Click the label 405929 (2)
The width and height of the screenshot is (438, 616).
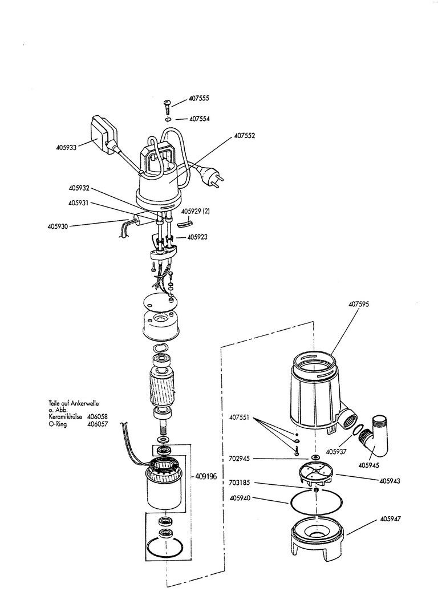(x=195, y=211)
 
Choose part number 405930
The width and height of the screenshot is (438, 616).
(x=58, y=226)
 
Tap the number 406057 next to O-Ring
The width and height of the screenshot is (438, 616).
(x=98, y=425)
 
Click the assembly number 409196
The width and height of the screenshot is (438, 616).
(x=206, y=477)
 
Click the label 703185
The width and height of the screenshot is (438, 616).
(x=239, y=483)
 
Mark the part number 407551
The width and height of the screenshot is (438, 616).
(x=239, y=418)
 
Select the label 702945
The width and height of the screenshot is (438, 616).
(x=239, y=459)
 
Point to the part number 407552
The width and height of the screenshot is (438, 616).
(x=244, y=136)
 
